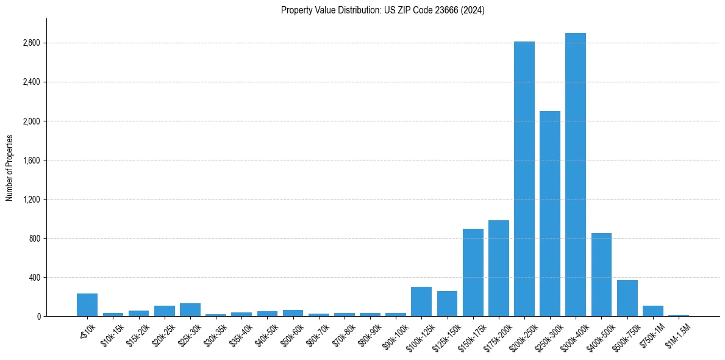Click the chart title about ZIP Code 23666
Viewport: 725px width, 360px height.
pos(382,10)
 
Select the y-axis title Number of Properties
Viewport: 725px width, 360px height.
pos(10,167)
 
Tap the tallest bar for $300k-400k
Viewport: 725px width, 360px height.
pos(575,175)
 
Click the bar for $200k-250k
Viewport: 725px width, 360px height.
pos(524,179)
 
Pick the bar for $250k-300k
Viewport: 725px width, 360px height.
pos(549,214)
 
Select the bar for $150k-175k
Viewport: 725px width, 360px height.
pos(473,273)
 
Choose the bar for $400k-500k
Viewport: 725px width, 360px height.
pos(601,275)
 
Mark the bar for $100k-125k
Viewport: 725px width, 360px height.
pos(421,301)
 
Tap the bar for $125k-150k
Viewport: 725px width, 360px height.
pos(447,304)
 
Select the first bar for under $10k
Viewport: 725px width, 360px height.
pos(87,305)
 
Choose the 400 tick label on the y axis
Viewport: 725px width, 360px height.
pos(34,278)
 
